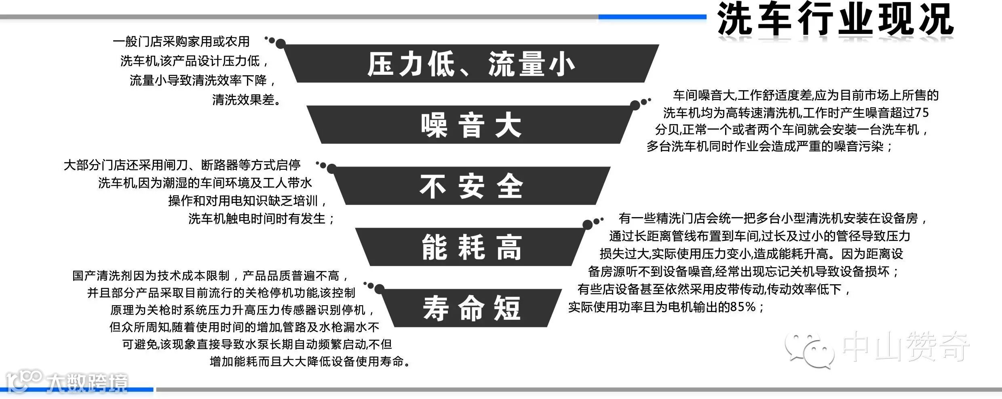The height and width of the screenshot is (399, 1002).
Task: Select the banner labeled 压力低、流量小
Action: pos(471,64)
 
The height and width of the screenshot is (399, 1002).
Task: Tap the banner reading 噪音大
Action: pos(471,125)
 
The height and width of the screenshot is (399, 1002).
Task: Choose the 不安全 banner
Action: pos(471,186)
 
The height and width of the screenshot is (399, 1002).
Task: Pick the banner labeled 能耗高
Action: pos(471,247)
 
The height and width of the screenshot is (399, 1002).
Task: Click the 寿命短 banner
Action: pos(471,308)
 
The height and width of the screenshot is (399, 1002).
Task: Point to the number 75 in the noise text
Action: pos(921,112)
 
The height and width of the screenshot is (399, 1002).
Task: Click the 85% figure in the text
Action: pos(743,307)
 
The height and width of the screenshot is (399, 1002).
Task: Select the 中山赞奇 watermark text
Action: pos(905,347)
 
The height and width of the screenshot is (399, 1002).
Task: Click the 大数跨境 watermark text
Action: pos(87,383)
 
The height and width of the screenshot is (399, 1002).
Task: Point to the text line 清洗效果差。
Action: pos(247,99)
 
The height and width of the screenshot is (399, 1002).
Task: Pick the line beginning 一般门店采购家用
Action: pos(181,41)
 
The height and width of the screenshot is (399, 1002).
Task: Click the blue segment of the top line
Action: pos(652,17)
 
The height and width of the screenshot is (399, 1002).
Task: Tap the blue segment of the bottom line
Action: pos(77,390)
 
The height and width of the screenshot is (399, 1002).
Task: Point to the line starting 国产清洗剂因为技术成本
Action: pos(210,276)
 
